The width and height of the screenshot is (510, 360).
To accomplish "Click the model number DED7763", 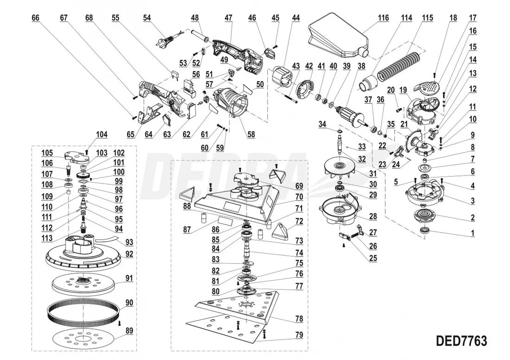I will (x=461, y=341).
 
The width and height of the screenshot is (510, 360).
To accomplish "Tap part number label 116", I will (x=383, y=18).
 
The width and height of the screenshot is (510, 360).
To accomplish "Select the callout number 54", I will (x=147, y=18).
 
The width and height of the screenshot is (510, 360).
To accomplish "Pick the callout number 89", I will (x=129, y=331).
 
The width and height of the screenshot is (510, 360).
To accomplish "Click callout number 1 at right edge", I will (x=473, y=233).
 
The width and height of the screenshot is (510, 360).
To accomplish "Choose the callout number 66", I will (x=36, y=18).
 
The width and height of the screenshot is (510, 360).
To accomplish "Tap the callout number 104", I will (x=102, y=135).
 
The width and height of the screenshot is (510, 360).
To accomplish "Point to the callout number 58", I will (x=251, y=135).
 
